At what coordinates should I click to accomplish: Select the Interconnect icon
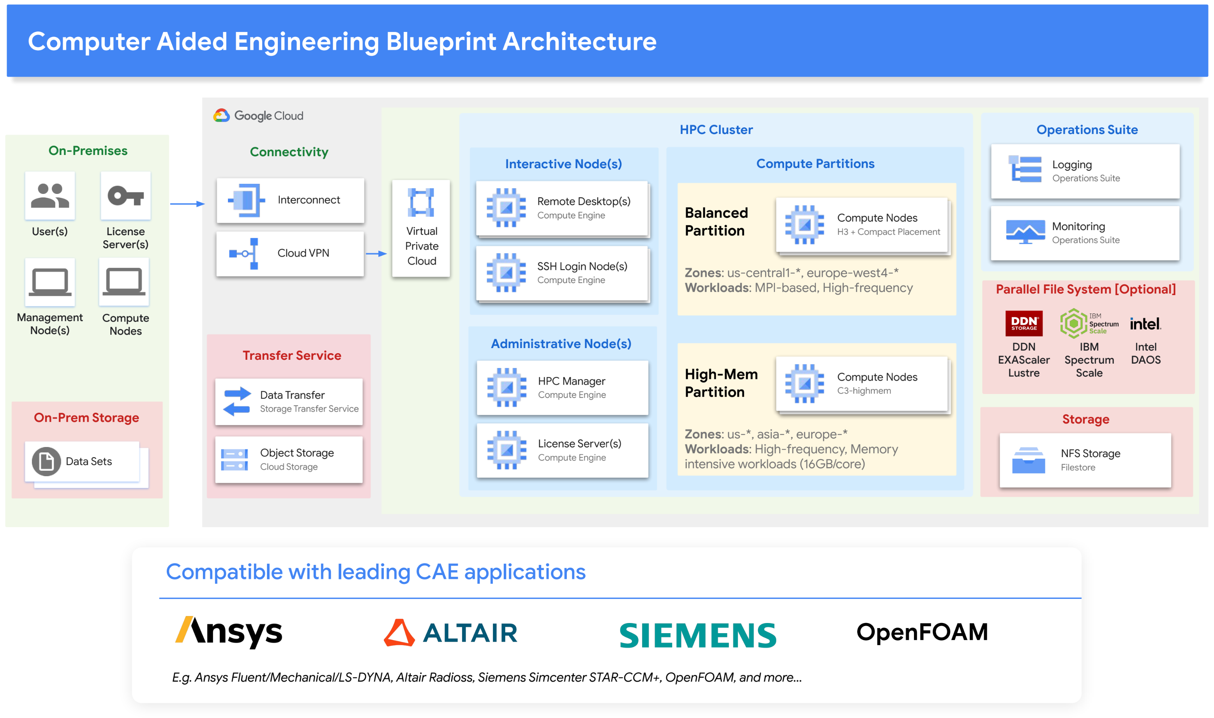tap(246, 200)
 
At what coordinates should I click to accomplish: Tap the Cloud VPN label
tap(303, 253)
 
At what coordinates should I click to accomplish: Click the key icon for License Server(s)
tap(125, 196)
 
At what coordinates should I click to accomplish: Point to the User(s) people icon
tap(50, 195)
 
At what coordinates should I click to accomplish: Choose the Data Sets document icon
tap(46, 461)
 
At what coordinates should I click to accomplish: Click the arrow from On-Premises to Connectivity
tap(187, 204)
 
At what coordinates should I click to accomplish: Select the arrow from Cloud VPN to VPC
tap(376, 253)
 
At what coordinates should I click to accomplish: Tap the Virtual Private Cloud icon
tap(421, 202)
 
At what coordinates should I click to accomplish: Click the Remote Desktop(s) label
tap(583, 201)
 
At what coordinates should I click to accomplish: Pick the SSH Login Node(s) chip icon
tap(506, 273)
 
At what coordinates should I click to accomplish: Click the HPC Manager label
tap(571, 381)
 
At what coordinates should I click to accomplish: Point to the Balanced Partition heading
tap(716, 222)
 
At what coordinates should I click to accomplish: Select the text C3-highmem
tap(863, 391)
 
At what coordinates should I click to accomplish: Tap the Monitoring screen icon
tap(1025, 232)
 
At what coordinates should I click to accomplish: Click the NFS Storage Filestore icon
tap(1028, 460)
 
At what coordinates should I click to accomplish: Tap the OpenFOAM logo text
tap(922, 632)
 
